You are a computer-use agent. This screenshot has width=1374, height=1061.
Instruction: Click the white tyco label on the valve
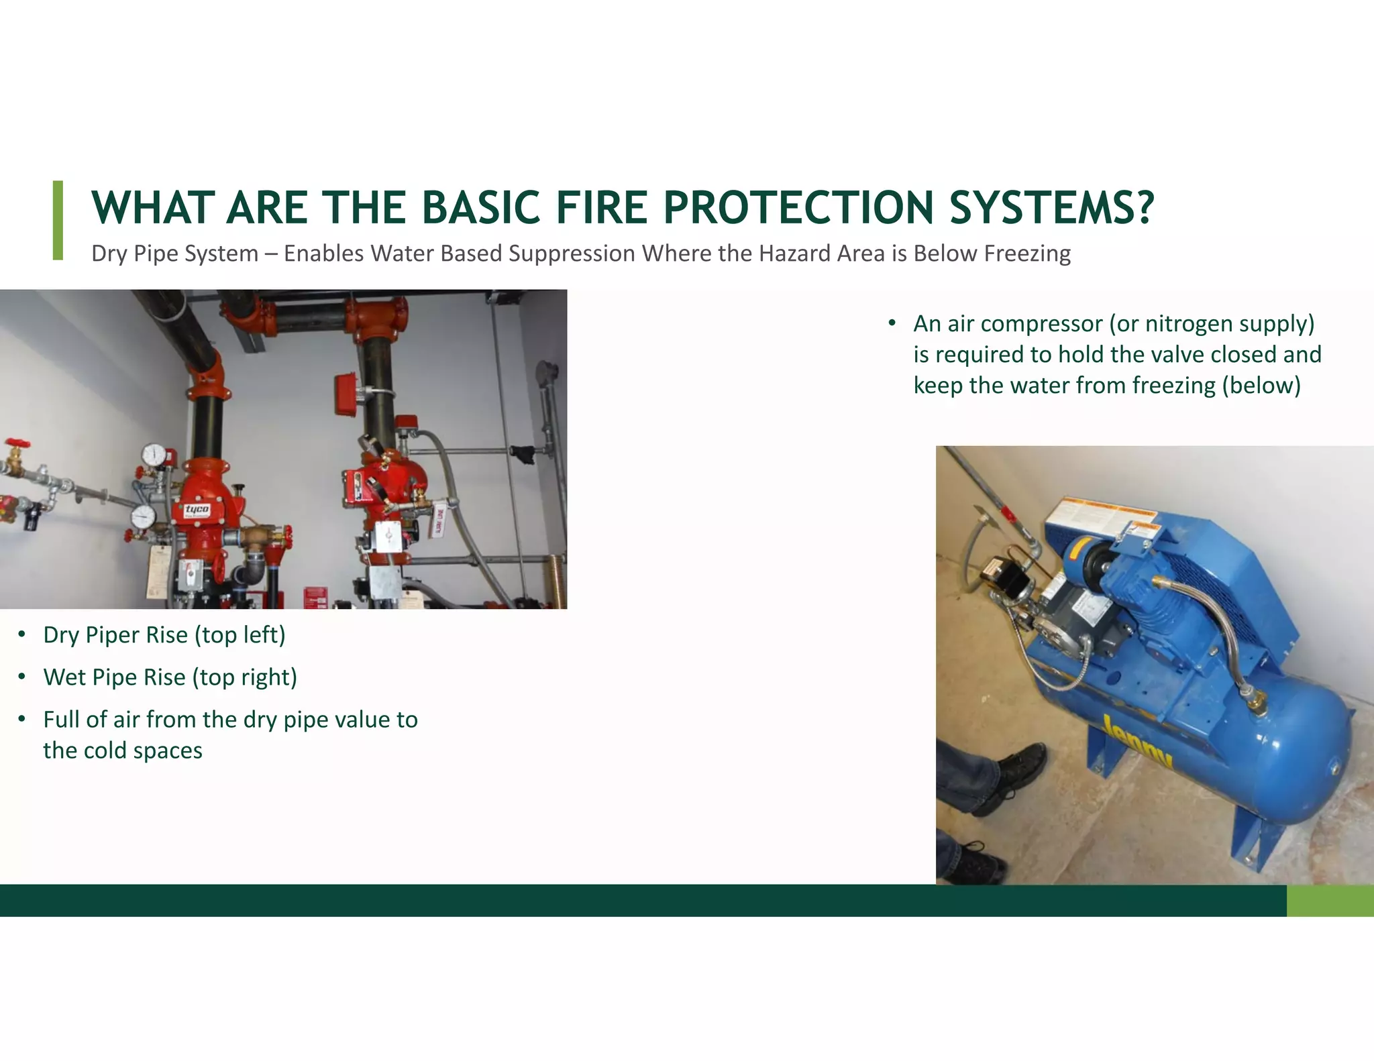(x=197, y=510)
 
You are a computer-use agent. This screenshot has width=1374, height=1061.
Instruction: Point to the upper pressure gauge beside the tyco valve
(x=155, y=454)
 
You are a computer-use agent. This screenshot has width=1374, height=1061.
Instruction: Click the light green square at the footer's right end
(x=1330, y=901)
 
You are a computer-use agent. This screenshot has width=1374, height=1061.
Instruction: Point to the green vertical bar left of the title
(x=58, y=220)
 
